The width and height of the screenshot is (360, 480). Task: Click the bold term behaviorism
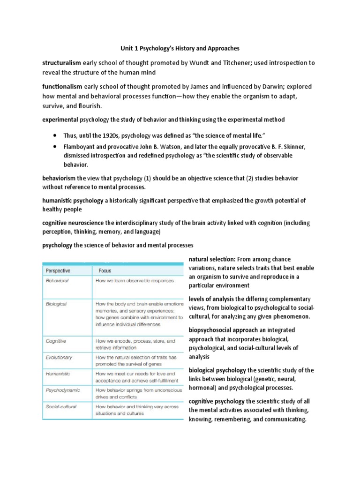pyautogui.click(x=59, y=179)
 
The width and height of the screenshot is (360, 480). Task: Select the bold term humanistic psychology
pyautogui.click(x=73, y=201)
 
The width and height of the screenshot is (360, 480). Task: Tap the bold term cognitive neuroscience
pyautogui.click(x=73, y=223)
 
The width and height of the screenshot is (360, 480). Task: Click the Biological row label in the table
pyautogui.click(x=56, y=304)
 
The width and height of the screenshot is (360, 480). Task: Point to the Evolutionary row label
pyautogui.click(x=59, y=357)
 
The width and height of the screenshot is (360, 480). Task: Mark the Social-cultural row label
pyautogui.click(x=61, y=406)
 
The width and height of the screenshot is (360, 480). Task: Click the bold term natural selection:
pyautogui.click(x=212, y=259)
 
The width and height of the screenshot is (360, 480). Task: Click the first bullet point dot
pyautogui.click(x=55, y=136)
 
